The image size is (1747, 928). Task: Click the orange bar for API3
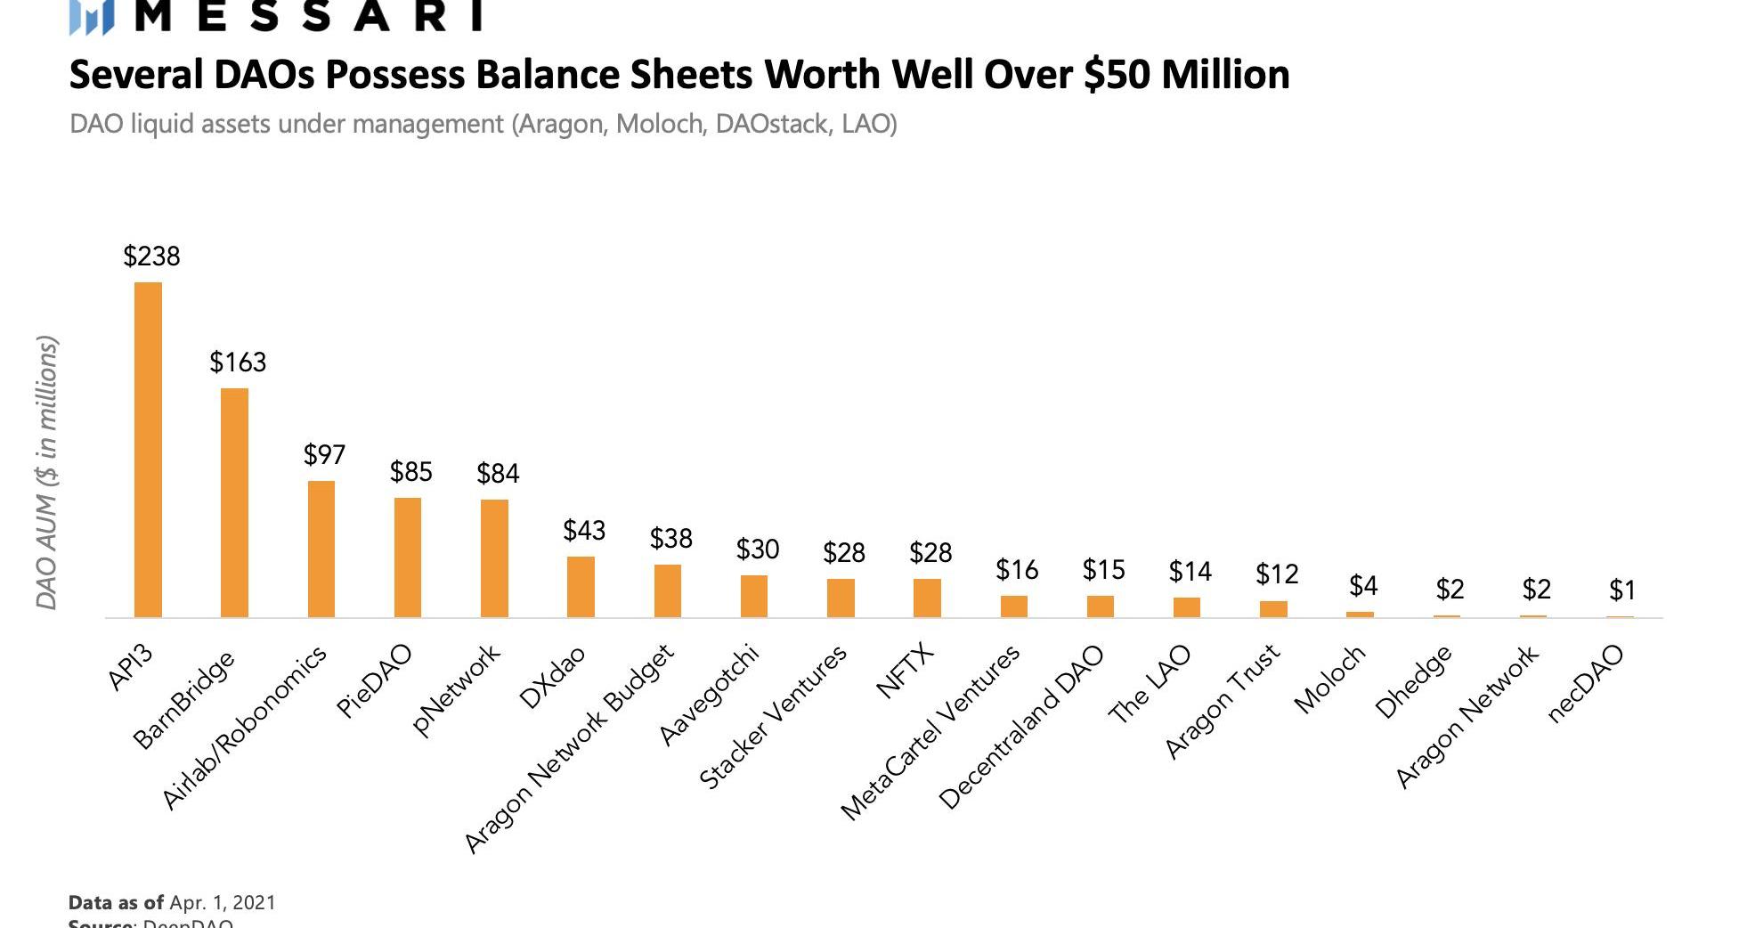[x=148, y=450]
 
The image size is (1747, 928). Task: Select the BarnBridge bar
[x=234, y=502]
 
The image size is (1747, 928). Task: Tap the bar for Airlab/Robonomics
[x=321, y=549]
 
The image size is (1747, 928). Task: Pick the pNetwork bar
[x=494, y=558]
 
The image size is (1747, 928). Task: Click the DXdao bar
[x=581, y=587]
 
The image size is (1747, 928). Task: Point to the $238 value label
[x=151, y=256]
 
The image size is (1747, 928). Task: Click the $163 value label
[x=238, y=362]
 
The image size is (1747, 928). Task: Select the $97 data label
[x=324, y=455]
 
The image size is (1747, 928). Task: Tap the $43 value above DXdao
[x=584, y=531]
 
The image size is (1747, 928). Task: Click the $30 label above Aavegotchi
[x=758, y=549]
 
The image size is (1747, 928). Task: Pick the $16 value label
[x=1017, y=569]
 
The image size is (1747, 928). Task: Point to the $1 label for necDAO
[x=1622, y=590]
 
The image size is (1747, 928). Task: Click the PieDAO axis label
[x=375, y=681]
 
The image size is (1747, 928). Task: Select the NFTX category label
[x=906, y=671]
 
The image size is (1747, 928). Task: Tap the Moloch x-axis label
[x=1329, y=679]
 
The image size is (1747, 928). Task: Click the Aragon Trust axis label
[x=1223, y=701]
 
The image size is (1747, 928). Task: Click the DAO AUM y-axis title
[x=47, y=473]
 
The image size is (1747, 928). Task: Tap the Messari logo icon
[x=92, y=18]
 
